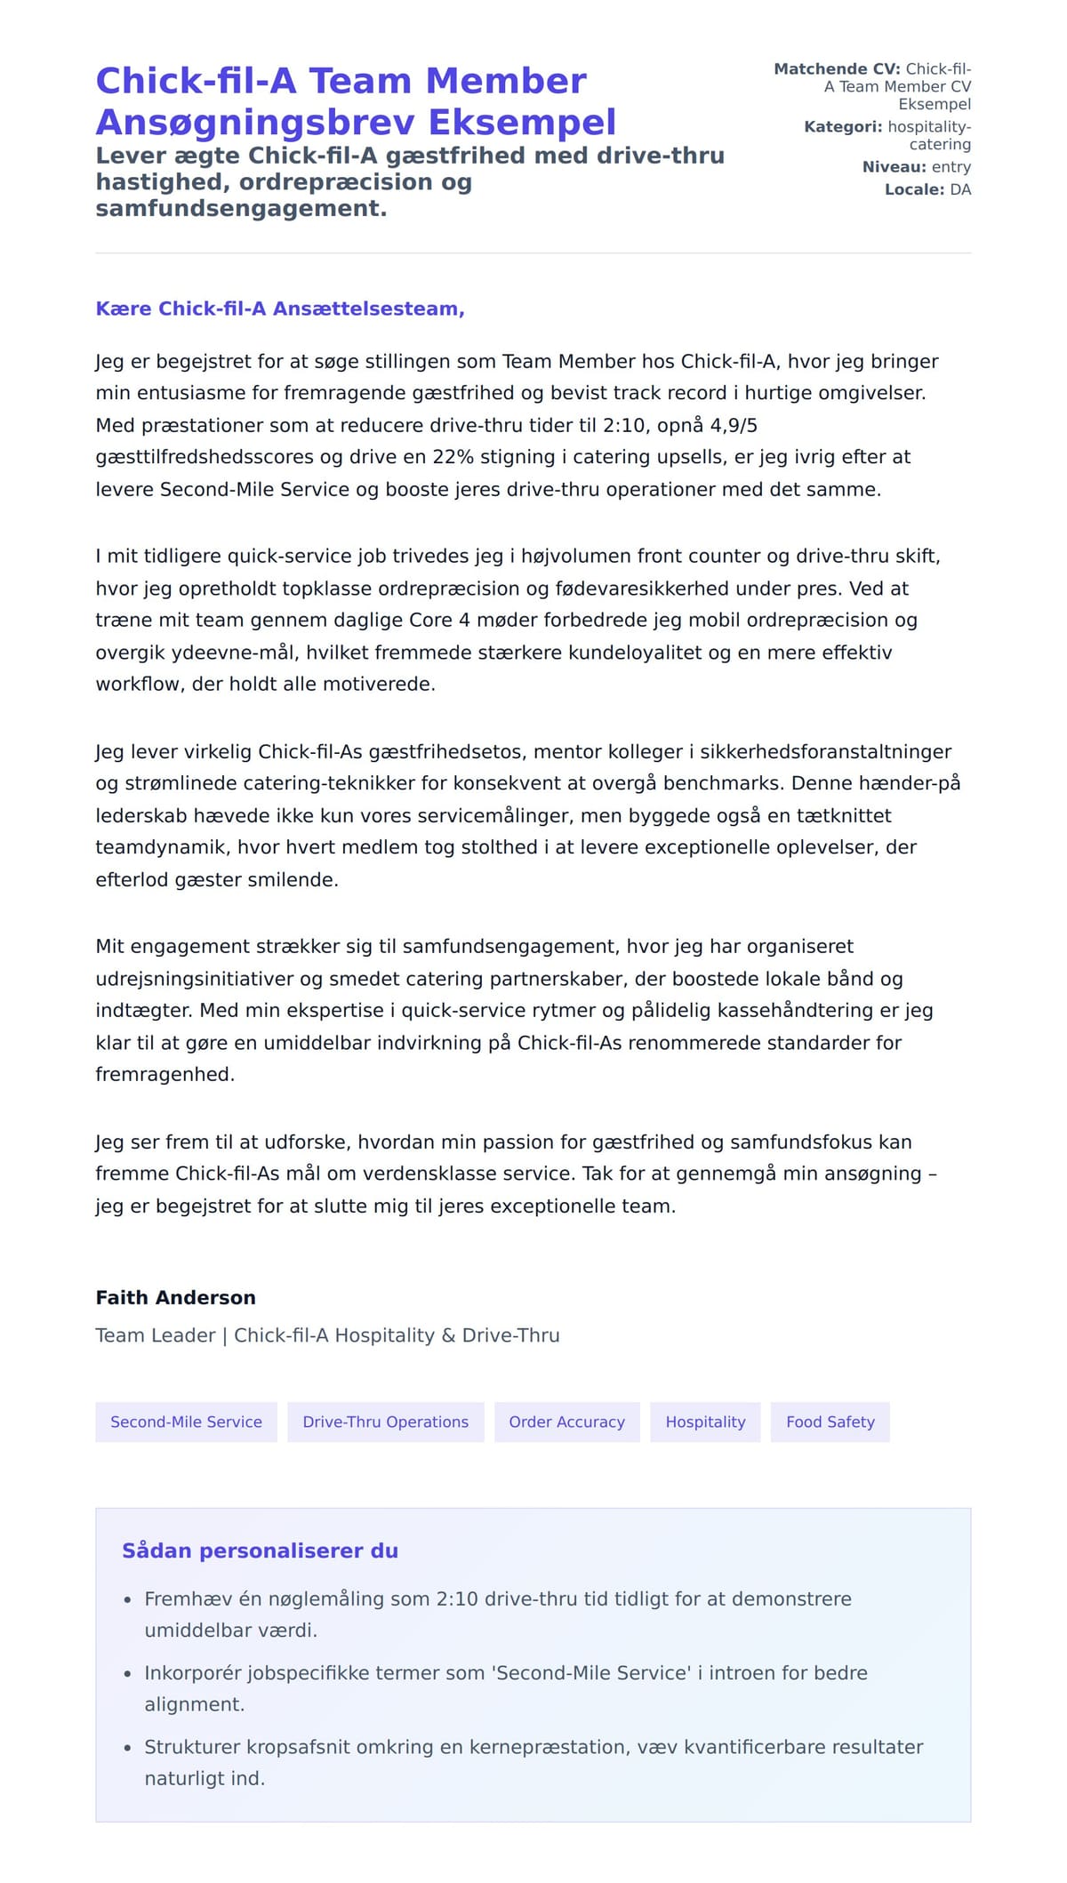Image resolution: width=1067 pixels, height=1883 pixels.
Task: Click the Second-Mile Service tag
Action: coord(186,1422)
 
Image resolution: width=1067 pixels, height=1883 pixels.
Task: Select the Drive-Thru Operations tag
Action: coord(385,1422)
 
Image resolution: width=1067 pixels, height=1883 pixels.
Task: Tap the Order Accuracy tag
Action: coord(566,1422)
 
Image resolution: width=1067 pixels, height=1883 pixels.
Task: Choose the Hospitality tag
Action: coord(705,1422)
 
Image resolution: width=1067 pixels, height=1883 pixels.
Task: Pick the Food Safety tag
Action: coord(830,1422)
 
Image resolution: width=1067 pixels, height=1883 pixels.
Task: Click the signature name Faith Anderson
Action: coord(175,1297)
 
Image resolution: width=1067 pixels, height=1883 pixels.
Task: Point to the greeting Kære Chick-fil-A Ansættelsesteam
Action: coord(280,308)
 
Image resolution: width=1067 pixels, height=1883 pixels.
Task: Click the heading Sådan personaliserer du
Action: coord(260,1550)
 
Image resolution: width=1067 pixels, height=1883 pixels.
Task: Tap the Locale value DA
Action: coord(960,189)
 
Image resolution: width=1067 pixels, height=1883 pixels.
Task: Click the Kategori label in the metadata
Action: coord(842,127)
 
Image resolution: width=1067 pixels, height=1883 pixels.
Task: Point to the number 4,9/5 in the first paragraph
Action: coord(734,425)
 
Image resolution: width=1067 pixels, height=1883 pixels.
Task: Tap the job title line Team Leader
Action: coord(156,1335)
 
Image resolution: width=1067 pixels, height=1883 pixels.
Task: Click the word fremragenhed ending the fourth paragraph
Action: coord(164,1074)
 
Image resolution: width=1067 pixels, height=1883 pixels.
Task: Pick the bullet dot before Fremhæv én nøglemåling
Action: coord(128,1599)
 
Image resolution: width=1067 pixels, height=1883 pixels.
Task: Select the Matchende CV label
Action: coord(837,69)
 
